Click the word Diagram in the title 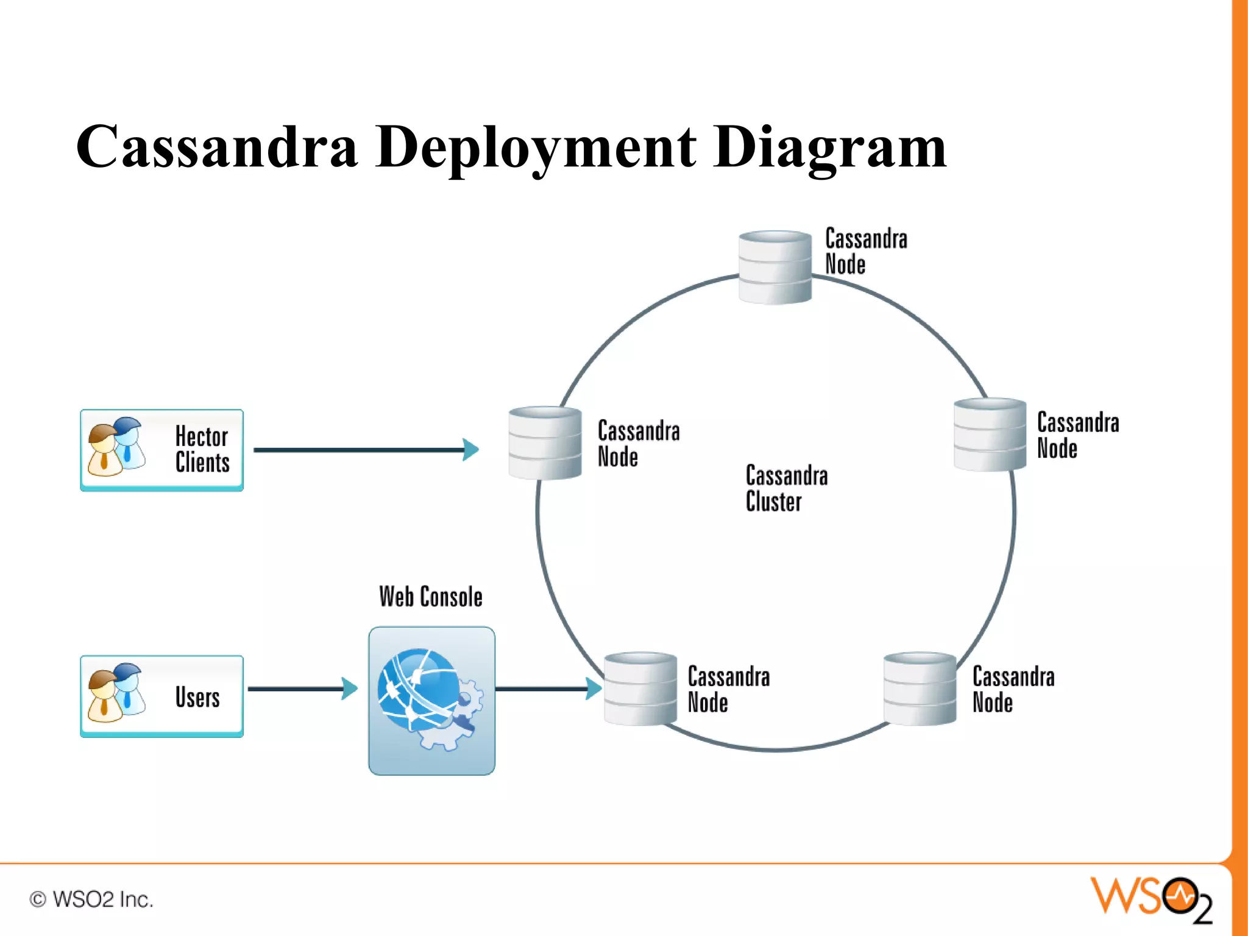(830, 147)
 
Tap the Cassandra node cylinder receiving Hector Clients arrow (545, 443)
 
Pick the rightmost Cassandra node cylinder (990, 434)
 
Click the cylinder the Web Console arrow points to (640, 689)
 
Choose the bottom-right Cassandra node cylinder (919, 689)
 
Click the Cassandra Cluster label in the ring (785, 488)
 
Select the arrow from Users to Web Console (302, 689)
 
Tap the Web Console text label (430, 597)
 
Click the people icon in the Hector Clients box (116, 447)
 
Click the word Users (197, 697)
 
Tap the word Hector (201, 436)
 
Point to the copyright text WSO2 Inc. (91, 899)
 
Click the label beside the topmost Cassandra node (865, 251)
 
